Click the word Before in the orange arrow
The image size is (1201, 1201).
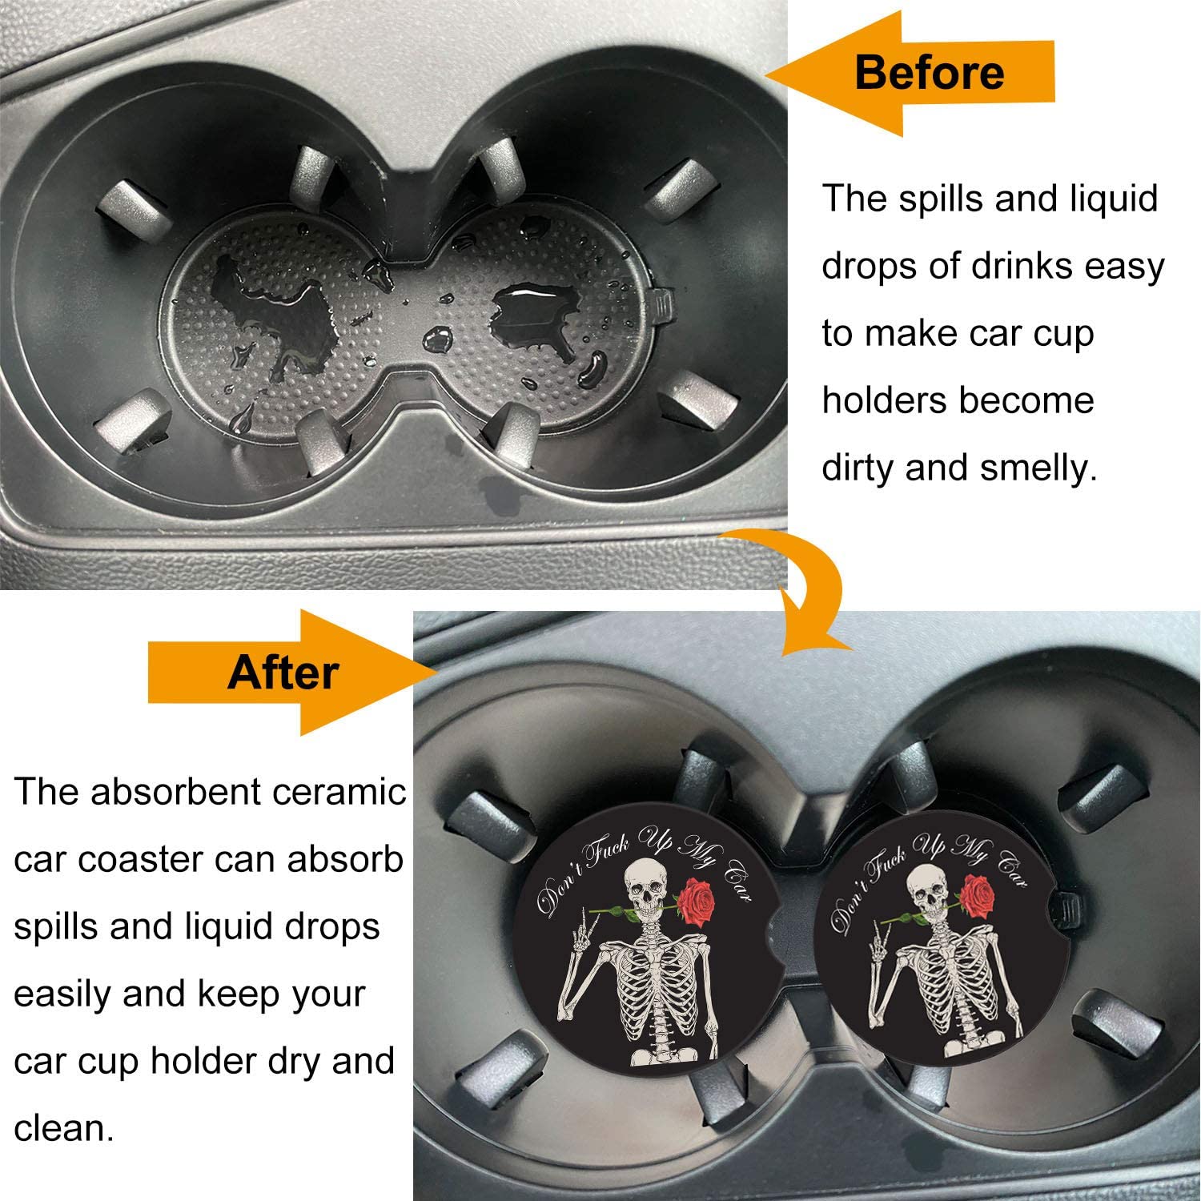929,72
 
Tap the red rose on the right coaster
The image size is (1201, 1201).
974,898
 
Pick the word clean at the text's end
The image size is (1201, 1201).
61,1129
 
